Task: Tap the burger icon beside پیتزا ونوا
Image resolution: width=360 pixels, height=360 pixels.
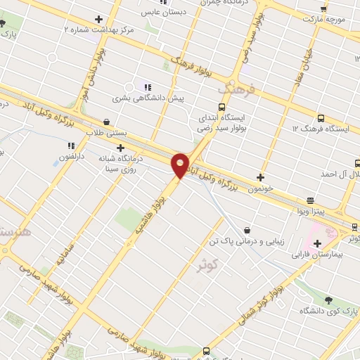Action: point(310,200)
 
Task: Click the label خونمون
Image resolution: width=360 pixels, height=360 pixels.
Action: point(262,188)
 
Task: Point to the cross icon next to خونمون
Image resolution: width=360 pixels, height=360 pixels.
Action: point(261,177)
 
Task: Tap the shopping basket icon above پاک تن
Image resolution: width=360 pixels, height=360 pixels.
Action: point(247,229)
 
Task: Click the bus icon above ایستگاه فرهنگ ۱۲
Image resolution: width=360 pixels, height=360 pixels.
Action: point(321,118)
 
